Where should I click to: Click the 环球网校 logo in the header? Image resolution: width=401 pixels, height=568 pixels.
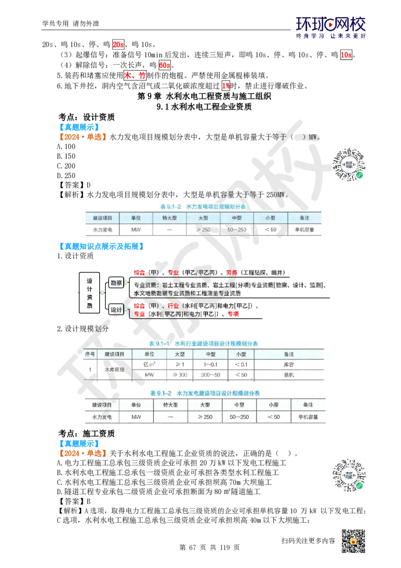pos(331,27)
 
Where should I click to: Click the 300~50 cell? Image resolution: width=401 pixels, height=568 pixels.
pos(210,375)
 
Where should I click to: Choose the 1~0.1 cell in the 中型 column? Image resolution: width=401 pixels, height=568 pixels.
pos(210,364)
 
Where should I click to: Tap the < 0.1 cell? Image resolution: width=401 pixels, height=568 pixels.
pos(241,364)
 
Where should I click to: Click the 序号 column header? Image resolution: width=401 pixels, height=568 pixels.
pos(90,353)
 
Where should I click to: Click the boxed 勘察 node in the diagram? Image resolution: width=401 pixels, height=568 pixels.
pos(116,282)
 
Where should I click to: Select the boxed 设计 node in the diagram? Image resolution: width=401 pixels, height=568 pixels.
pos(116,309)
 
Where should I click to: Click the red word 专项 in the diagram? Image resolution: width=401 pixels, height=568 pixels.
pos(233,314)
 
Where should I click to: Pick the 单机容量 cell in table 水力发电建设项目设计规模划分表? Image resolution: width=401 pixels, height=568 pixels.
pos(308,417)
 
